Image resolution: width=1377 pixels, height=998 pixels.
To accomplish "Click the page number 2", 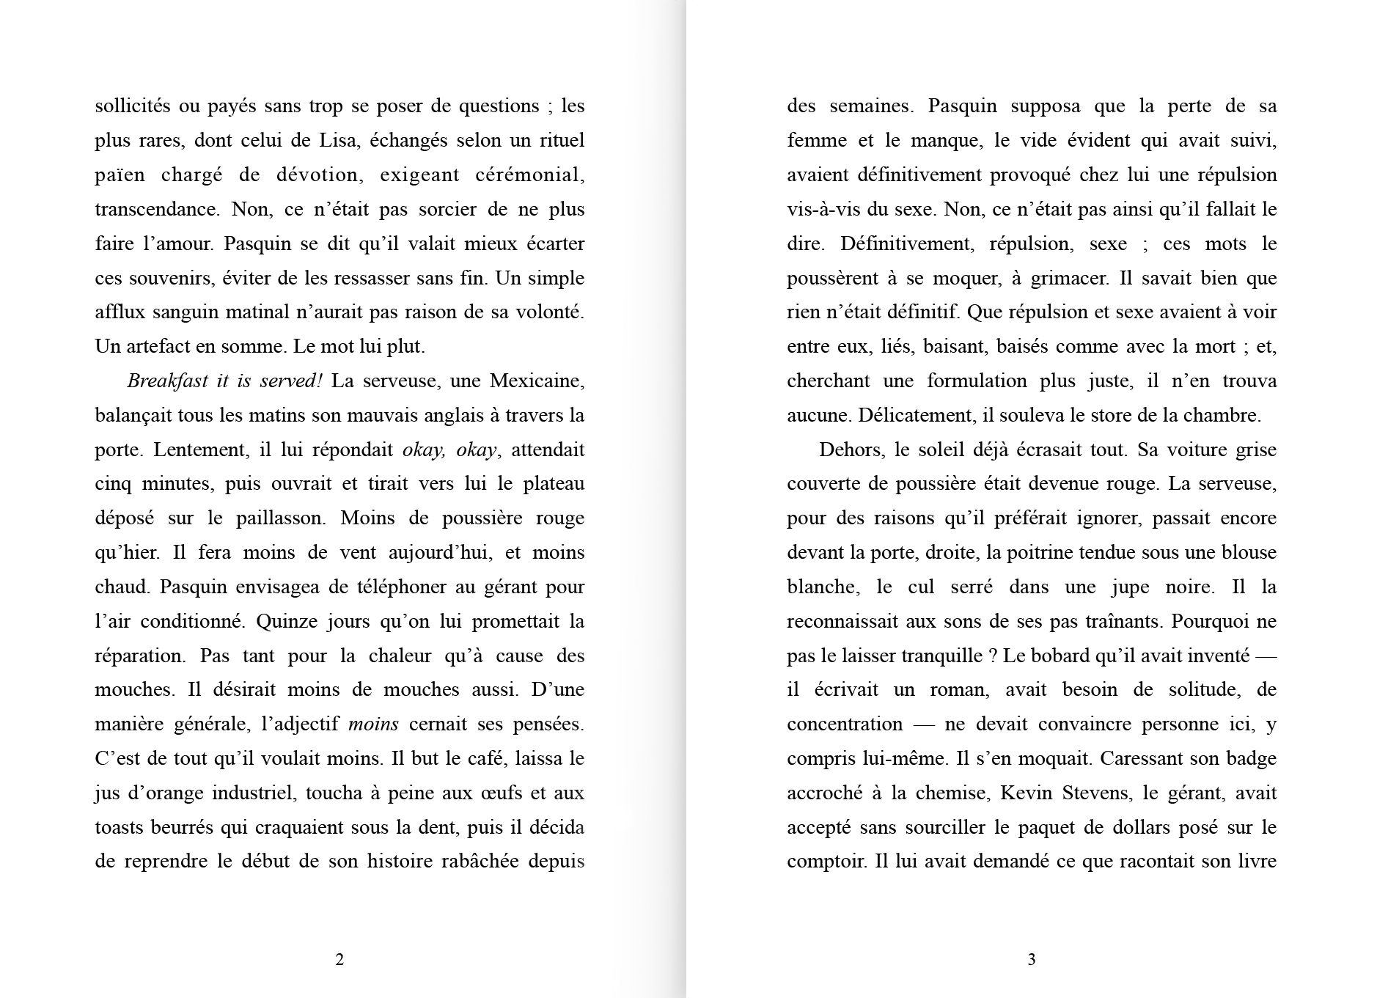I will pyautogui.click(x=339, y=959).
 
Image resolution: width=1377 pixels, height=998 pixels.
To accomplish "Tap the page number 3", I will pyautogui.click(x=1031, y=959).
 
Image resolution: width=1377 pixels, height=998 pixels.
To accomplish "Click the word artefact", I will pyautogui.click(x=155, y=346).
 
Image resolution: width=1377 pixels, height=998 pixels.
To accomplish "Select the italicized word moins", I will pyautogui.click(x=373, y=724).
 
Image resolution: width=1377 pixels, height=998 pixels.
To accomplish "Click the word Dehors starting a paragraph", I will pyautogui.click(x=851, y=450).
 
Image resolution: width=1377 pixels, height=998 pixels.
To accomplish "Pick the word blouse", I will pyautogui.click(x=1248, y=552).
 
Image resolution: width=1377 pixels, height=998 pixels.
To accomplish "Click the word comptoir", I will pyautogui.click(x=826, y=862).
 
